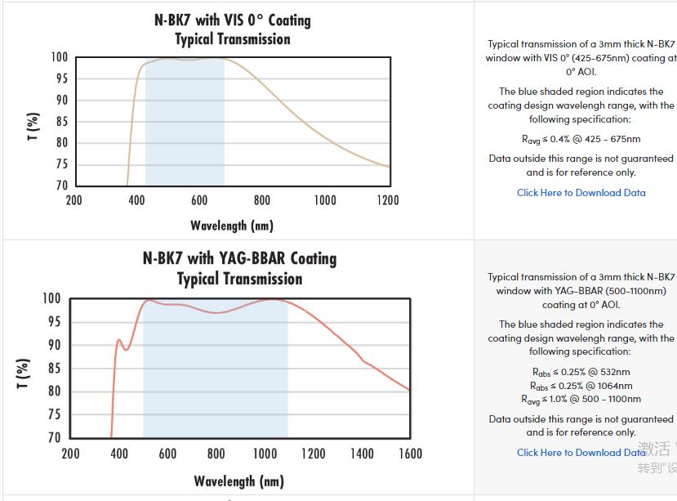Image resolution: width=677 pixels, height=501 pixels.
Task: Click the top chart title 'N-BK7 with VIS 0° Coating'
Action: pyautogui.click(x=232, y=20)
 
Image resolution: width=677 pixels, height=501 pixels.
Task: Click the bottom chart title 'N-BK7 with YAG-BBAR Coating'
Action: pyautogui.click(x=239, y=258)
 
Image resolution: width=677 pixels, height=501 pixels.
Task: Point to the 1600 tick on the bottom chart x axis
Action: pyautogui.click(x=410, y=453)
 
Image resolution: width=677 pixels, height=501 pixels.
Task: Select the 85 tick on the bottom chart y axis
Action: pyautogui.click(x=53, y=368)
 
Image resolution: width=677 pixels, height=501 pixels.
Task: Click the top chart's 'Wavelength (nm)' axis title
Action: pyautogui.click(x=232, y=226)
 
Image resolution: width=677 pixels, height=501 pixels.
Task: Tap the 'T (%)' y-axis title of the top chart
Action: pyautogui.click(x=33, y=127)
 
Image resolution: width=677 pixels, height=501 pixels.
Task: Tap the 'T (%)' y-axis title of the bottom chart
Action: pyautogui.click(x=24, y=374)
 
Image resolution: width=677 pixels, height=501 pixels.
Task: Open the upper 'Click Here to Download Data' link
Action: pyautogui.click(x=581, y=193)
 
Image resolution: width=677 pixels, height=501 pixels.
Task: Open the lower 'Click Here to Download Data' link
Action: pyautogui.click(x=581, y=452)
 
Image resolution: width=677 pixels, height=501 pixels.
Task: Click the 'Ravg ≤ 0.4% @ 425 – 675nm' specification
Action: pyautogui.click(x=581, y=139)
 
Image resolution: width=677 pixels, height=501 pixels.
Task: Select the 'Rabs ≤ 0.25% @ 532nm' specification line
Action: pyautogui.click(x=581, y=372)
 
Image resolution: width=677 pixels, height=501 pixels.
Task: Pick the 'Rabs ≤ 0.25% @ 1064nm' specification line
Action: pyautogui.click(x=581, y=386)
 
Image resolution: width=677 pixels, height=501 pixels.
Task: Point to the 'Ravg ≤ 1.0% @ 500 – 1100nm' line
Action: pyautogui.click(x=581, y=399)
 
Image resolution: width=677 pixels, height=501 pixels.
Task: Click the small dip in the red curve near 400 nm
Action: pyautogui.click(x=126, y=350)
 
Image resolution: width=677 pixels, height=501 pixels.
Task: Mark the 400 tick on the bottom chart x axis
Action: pyautogui.click(x=119, y=453)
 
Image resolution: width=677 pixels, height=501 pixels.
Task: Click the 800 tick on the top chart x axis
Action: pyautogui.click(x=261, y=200)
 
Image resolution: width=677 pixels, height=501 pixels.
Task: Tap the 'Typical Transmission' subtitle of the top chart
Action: pyautogui.click(x=232, y=39)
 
